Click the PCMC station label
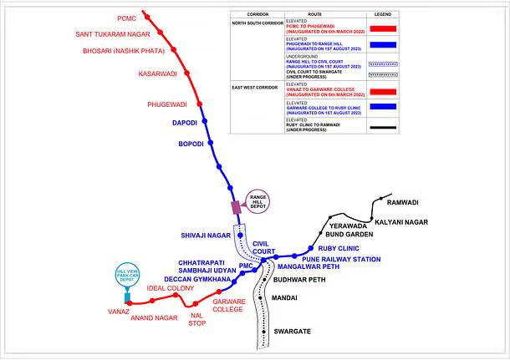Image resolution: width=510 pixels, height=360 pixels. pyautogui.click(x=126, y=17)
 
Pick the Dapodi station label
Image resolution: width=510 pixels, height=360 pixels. pyautogui.click(x=185, y=123)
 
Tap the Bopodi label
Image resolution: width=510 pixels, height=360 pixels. pyautogui.click(x=191, y=145)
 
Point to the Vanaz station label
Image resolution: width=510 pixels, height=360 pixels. pyautogui.click(x=118, y=311)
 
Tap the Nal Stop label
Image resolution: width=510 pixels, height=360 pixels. pyautogui.click(x=197, y=318)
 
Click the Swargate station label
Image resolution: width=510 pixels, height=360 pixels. pyautogui.click(x=292, y=332)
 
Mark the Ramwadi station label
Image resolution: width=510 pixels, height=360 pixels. pyautogui.click(x=402, y=202)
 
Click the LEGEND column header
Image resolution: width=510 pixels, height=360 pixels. pyautogui.click(x=383, y=15)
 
